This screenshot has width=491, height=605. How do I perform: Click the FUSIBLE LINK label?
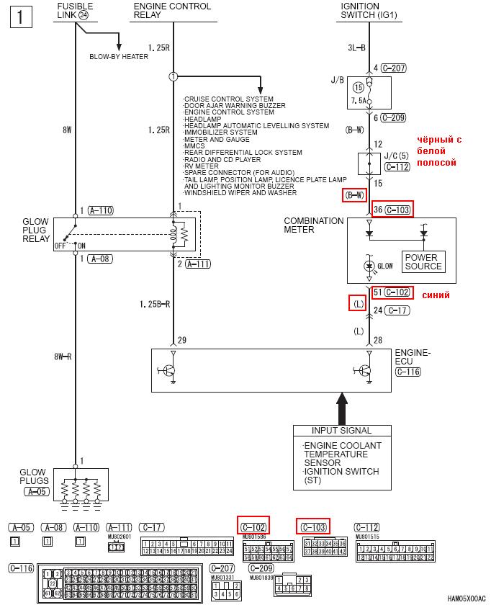[75, 11]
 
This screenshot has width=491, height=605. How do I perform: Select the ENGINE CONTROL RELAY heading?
[173, 11]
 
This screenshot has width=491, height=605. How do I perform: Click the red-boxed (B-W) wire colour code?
[355, 194]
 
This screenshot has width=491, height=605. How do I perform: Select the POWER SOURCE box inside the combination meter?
[423, 261]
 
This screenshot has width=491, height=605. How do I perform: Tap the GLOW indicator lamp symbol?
[369, 266]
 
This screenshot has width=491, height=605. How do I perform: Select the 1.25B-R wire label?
[155, 305]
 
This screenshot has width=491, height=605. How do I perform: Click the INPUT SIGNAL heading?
[342, 431]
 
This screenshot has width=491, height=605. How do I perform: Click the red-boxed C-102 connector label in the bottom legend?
[253, 526]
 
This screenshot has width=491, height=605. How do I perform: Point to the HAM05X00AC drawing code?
[466, 598]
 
